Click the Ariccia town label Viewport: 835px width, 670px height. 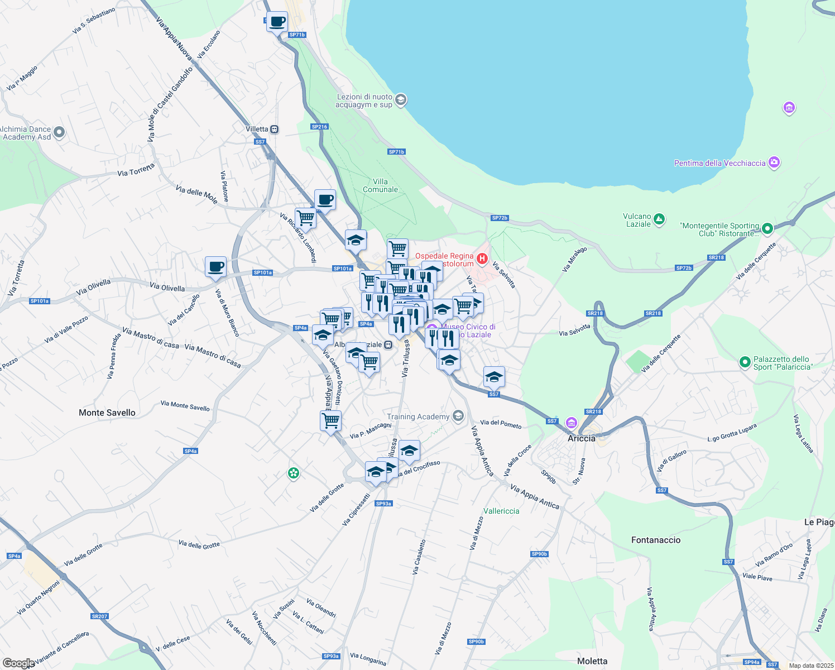[582, 438]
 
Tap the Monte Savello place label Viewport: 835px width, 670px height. [107, 413]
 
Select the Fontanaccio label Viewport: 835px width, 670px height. [656, 540]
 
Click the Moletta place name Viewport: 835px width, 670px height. [592, 661]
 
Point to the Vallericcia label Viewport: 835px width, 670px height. [501, 511]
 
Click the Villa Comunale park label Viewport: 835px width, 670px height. [381, 185]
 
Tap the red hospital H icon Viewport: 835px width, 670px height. [482, 259]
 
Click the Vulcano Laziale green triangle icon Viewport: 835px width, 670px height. [659, 219]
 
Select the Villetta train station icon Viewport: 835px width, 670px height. [275, 129]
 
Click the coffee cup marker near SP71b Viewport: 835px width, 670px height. [277, 22]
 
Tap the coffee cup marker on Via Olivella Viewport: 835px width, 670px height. [215, 267]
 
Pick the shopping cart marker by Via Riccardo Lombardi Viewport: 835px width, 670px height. [305, 217]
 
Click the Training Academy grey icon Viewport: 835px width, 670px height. [458, 416]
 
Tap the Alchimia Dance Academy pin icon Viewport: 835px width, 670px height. [60, 133]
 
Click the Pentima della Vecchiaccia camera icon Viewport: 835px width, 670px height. [774, 162]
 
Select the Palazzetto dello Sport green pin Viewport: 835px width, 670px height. [745, 362]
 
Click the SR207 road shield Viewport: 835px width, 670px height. [99, 616]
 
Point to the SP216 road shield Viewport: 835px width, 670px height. [319, 127]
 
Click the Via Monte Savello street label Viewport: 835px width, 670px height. [185, 405]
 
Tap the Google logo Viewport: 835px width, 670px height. [18, 663]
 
